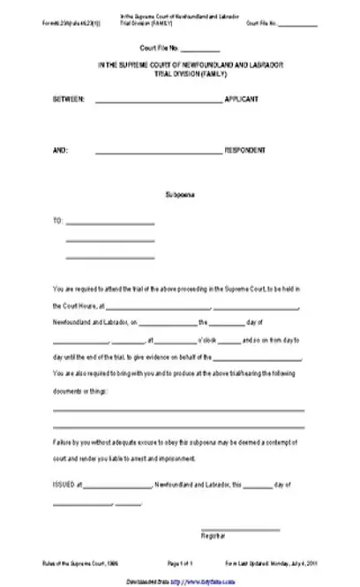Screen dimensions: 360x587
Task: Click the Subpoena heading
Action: coord(179,192)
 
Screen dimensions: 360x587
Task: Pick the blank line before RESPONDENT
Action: coord(158,152)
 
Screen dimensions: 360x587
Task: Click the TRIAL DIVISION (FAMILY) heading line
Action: coord(179,75)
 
